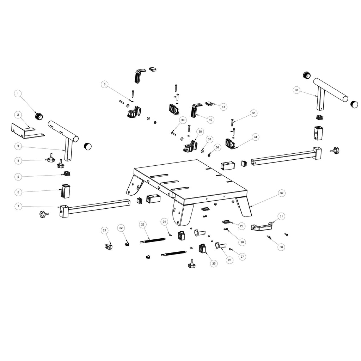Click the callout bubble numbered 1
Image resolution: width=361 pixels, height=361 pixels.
(19, 94)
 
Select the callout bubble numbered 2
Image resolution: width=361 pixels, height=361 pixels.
(19, 115)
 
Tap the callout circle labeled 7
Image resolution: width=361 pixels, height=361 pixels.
(19, 206)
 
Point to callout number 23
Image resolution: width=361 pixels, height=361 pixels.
(142, 224)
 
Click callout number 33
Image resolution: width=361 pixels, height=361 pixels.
(296, 90)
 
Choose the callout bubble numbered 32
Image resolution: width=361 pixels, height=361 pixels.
(281, 193)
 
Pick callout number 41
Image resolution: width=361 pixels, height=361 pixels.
(224, 106)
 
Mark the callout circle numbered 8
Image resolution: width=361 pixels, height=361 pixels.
(104, 84)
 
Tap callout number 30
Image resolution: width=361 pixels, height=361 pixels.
(281, 247)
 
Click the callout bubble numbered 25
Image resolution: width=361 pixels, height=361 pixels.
(214, 263)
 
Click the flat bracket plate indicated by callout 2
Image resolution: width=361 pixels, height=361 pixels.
(26, 131)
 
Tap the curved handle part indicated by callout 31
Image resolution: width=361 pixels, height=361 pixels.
(261, 227)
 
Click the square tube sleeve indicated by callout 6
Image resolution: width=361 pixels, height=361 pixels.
(66, 192)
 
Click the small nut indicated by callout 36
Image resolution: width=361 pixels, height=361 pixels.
(209, 155)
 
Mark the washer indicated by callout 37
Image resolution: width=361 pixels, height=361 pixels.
(202, 151)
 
